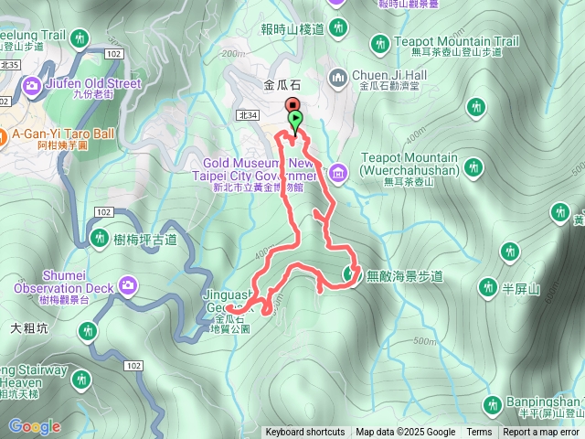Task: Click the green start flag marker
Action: [x=295, y=120]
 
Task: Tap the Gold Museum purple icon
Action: [x=337, y=172]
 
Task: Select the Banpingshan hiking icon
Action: [x=492, y=403]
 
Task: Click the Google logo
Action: [x=34, y=426]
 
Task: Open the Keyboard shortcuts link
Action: [x=305, y=433]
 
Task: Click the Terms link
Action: [x=479, y=433]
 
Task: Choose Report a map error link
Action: [x=541, y=433]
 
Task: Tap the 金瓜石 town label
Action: [x=281, y=84]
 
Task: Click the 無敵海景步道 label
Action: [x=404, y=274]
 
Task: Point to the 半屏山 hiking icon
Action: [x=511, y=251]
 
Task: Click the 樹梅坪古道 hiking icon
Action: [x=101, y=240]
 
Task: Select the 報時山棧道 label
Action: [x=292, y=29]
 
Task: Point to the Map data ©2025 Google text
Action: [x=405, y=433]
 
